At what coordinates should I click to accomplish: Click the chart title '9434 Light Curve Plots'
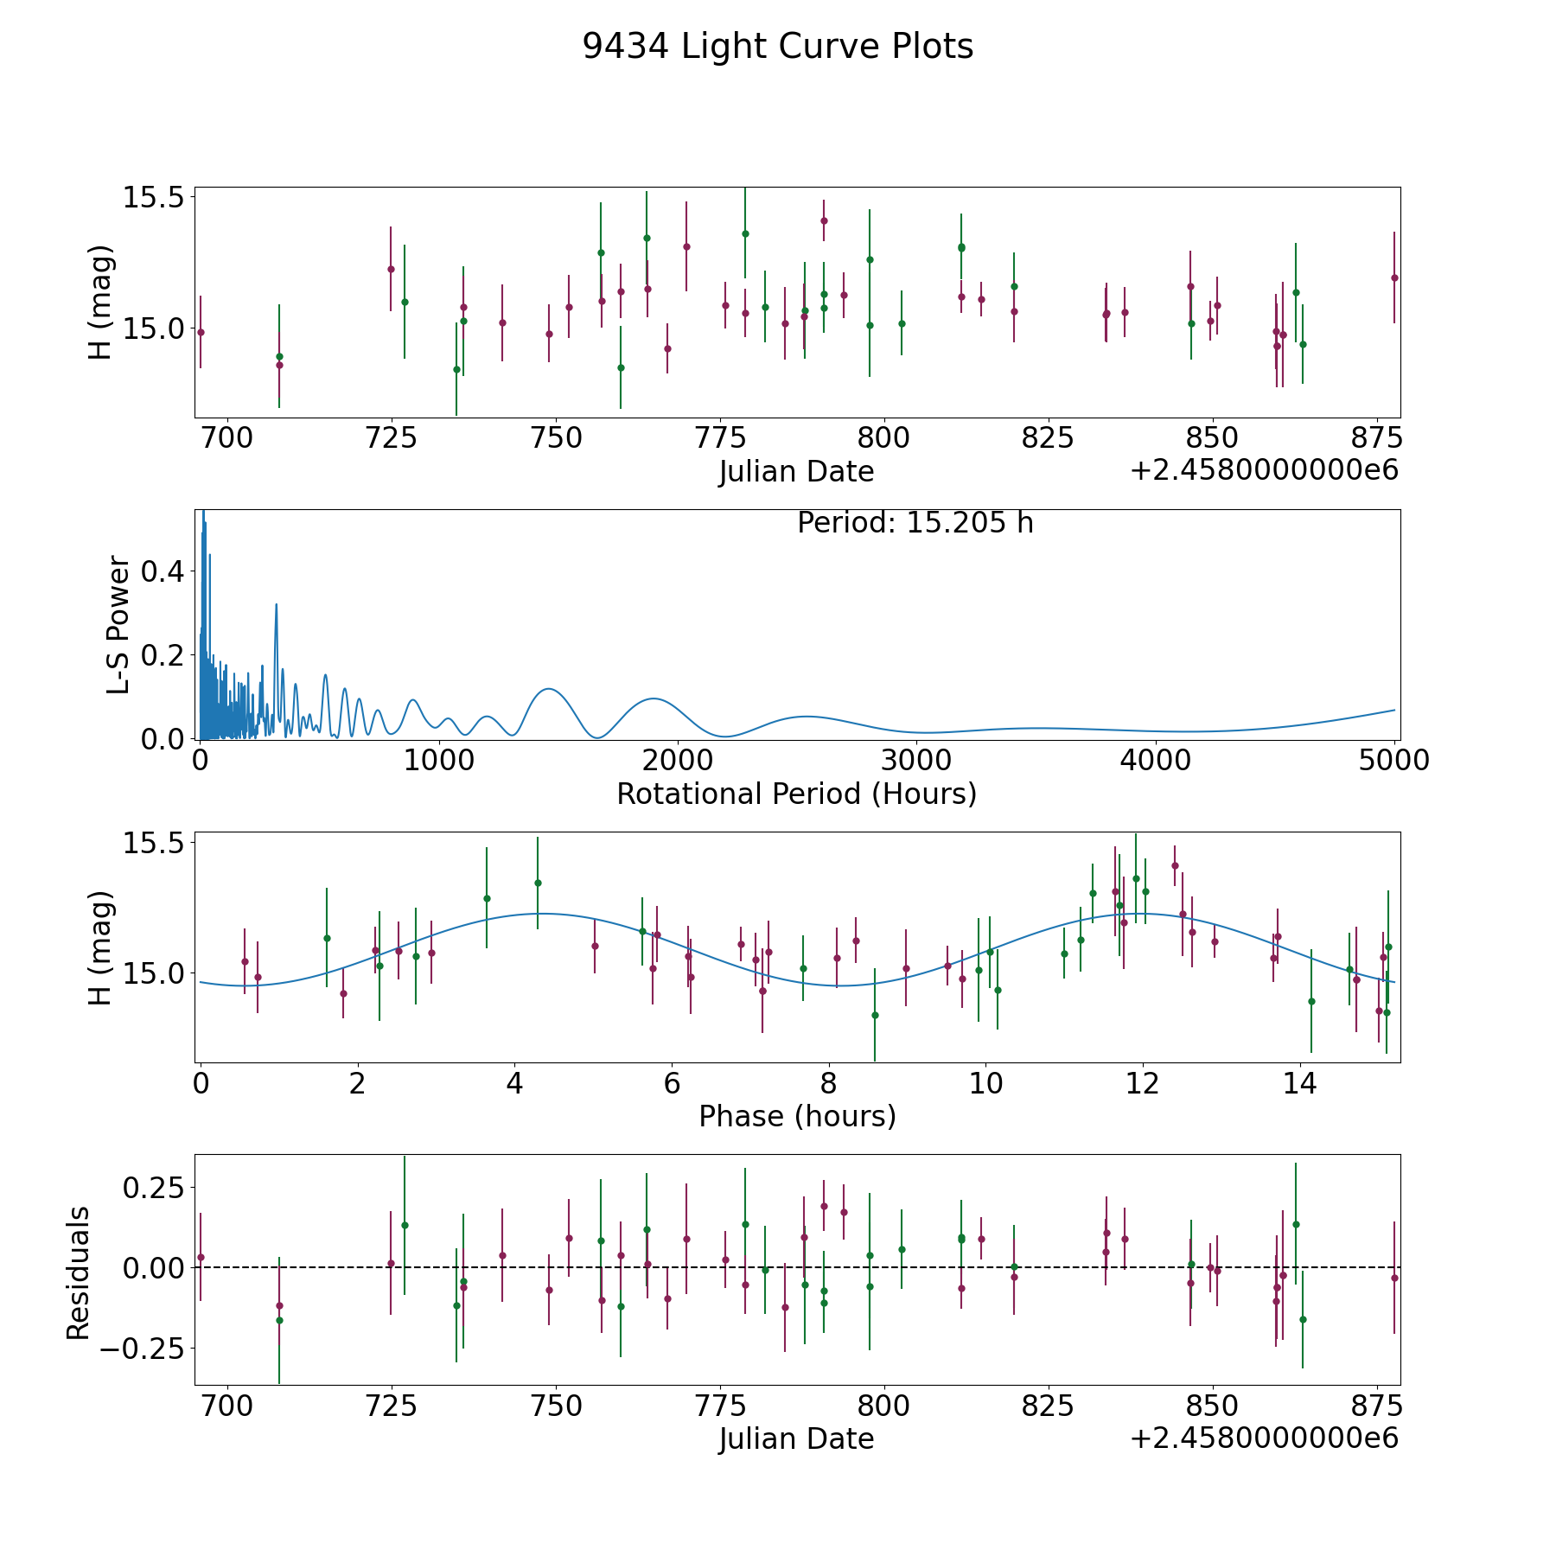click(777, 47)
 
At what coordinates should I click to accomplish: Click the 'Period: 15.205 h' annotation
click(915, 523)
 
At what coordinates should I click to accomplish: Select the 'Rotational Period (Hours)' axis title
click(796, 794)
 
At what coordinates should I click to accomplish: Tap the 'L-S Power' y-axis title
click(119, 625)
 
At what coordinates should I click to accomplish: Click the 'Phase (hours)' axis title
click(797, 1116)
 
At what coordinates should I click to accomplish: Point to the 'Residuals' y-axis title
click(79, 1273)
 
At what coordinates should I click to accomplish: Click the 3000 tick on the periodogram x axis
click(916, 761)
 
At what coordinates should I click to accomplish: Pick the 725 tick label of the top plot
click(391, 438)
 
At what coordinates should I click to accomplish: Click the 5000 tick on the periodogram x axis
click(1394, 761)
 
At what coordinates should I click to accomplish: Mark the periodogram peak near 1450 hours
click(548, 689)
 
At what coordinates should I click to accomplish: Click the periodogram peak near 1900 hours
click(653, 698)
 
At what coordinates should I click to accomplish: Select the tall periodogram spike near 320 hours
click(276, 604)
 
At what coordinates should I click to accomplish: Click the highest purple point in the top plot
click(824, 220)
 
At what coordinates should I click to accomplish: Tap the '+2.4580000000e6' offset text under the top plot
click(1264, 471)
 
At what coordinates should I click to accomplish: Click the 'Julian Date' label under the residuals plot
click(796, 1438)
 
